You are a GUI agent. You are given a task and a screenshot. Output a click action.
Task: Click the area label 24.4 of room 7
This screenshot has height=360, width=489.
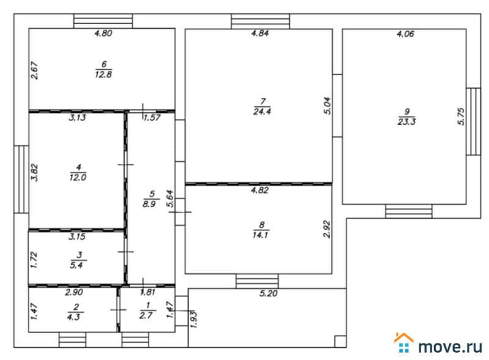(x=262, y=112)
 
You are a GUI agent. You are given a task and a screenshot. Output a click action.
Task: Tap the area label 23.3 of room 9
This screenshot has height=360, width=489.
(x=406, y=122)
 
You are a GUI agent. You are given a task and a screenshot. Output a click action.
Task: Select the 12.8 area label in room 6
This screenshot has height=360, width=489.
(x=103, y=75)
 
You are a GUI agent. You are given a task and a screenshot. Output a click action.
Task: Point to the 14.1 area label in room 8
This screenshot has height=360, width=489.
(x=260, y=235)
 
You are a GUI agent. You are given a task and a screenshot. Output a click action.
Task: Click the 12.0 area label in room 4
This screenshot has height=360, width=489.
(x=78, y=177)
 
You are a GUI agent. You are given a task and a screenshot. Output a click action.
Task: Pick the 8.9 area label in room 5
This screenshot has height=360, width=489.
(x=149, y=204)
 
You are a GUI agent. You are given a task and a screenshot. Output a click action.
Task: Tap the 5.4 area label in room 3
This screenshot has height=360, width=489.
(x=76, y=265)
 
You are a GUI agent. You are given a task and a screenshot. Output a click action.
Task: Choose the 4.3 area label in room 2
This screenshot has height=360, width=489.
(x=73, y=317)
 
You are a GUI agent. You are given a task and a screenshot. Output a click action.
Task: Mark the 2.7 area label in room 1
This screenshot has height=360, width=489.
(x=146, y=315)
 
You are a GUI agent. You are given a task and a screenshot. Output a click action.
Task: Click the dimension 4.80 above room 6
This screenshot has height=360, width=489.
(x=103, y=33)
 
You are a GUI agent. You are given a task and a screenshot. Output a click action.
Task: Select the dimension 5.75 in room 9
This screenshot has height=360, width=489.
(x=461, y=116)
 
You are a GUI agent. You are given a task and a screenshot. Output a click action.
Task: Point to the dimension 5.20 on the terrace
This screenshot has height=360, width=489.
(x=268, y=293)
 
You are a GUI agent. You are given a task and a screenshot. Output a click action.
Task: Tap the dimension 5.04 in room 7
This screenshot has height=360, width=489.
(x=327, y=106)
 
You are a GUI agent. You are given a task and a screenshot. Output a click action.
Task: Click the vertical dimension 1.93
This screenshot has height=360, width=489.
(x=193, y=319)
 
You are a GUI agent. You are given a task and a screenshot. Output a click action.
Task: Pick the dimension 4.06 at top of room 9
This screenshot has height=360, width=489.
(x=405, y=34)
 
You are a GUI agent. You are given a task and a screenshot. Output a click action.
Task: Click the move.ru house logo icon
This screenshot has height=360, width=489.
(x=404, y=342)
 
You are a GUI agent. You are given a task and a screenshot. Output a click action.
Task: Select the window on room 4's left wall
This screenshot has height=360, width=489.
(x=21, y=179)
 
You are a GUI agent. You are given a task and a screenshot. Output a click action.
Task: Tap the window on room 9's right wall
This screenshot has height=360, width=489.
(x=473, y=122)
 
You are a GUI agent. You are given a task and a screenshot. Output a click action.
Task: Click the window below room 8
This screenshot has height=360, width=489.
(x=257, y=281)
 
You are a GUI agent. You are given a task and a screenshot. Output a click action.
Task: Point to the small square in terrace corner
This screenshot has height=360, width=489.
(x=340, y=341)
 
